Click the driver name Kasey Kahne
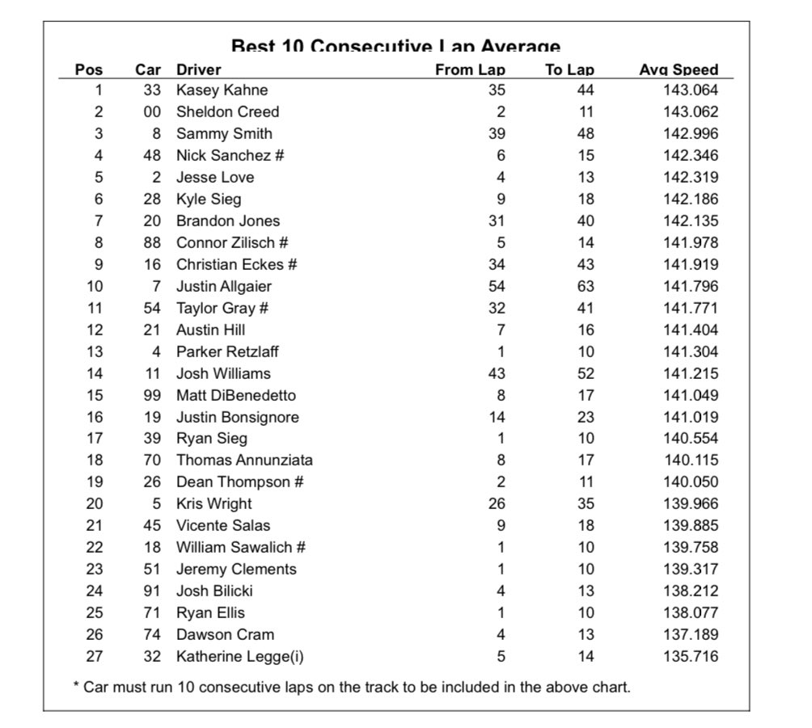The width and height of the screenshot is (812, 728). [x=222, y=90]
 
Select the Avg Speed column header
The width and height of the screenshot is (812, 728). [x=679, y=69]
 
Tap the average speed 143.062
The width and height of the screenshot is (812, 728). [x=690, y=112]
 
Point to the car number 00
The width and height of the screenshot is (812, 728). [x=152, y=112]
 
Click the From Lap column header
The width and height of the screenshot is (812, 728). [x=470, y=69]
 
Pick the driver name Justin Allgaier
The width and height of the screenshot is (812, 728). [x=224, y=286]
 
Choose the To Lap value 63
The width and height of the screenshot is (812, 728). [x=586, y=286]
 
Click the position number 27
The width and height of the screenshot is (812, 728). [x=95, y=656]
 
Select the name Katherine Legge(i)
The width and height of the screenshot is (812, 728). [x=240, y=656]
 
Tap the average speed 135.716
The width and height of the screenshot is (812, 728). [x=690, y=656]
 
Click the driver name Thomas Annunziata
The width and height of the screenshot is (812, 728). [x=244, y=461]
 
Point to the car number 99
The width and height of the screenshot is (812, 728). [x=152, y=395]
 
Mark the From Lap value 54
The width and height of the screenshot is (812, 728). [x=497, y=286]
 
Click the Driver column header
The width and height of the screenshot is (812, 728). [x=198, y=69]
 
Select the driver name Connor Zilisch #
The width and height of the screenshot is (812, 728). [x=232, y=242]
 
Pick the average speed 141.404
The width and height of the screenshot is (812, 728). [x=690, y=330]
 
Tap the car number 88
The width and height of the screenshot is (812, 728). [x=152, y=242]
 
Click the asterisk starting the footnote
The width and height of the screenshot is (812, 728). [x=76, y=687]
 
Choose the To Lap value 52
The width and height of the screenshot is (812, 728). [x=586, y=373]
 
